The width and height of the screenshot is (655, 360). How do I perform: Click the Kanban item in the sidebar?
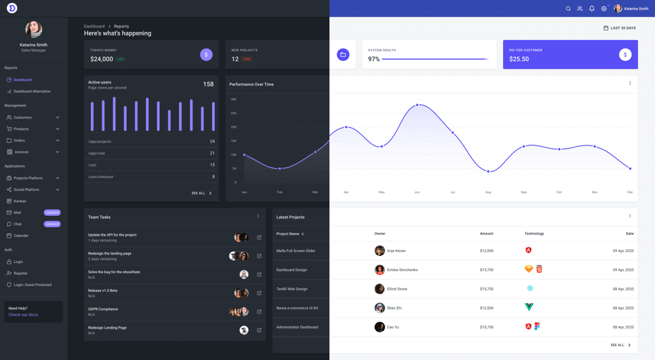point(20,201)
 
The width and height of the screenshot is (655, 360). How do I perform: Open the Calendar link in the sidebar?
point(21,236)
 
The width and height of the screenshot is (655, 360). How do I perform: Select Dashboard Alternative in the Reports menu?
point(31,92)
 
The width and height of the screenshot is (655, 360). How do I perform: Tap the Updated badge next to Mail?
point(52,213)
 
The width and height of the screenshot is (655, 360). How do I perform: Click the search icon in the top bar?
point(568,9)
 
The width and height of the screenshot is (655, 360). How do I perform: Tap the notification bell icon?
point(591,9)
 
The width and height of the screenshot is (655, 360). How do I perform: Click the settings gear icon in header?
point(604,9)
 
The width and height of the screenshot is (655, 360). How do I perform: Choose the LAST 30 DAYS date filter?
point(620,28)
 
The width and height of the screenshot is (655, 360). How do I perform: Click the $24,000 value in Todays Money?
point(102,59)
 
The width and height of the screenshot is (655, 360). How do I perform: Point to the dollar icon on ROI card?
point(625,55)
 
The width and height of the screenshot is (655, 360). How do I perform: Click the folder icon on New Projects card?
point(343,55)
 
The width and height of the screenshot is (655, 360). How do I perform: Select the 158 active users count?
point(208,84)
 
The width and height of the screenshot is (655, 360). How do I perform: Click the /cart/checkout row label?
point(101,177)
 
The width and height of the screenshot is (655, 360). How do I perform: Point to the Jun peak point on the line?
point(417,105)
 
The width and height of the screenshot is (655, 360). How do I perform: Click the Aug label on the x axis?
point(488,192)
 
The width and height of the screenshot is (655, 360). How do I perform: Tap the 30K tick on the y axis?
point(234,99)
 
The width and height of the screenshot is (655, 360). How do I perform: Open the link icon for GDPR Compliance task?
point(259,312)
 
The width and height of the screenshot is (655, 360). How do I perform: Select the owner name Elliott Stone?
point(397,289)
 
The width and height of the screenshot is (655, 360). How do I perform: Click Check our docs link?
point(24,315)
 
